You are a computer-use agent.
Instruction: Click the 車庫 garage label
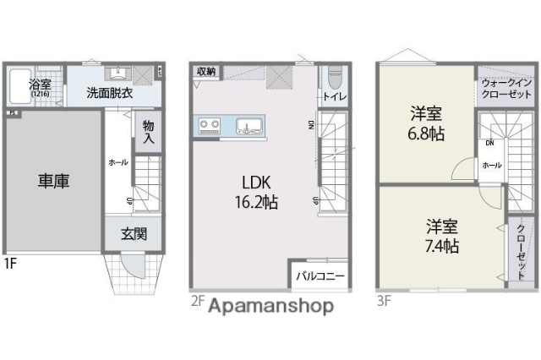[52, 180]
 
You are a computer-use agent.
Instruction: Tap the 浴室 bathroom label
[40, 85]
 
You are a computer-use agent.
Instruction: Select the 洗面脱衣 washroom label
[109, 93]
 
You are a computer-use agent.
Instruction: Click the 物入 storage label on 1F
[147, 132]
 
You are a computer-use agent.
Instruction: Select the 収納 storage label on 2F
[206, 72]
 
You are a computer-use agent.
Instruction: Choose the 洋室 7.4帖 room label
[442, 236]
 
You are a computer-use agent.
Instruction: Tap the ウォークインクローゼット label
[505, 90]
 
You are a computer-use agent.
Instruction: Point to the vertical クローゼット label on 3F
[521, 250]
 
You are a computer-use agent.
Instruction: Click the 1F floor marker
[9, 263]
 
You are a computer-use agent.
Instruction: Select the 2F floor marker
[196, 299]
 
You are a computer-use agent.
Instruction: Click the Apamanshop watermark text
[271, 305]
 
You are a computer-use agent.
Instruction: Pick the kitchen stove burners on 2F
[210, 128]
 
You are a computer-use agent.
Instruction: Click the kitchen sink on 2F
[250, 128]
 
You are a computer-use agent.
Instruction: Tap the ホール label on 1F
[117, 161]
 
